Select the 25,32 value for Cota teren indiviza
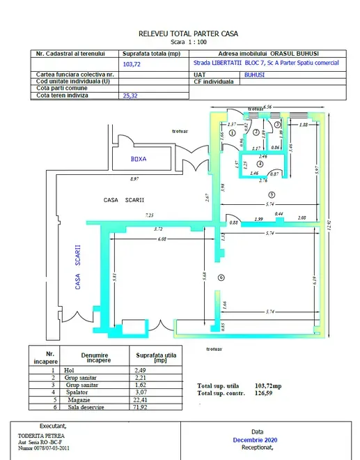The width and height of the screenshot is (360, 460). coord(131,96)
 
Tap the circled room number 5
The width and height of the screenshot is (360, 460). coord(273,194)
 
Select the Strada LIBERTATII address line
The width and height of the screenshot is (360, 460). coord(265,63)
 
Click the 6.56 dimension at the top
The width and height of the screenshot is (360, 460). coord(267,107)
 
